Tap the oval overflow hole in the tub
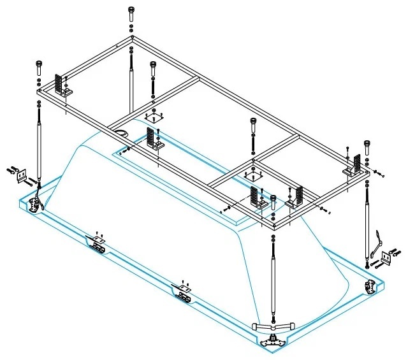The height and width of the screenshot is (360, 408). click(121, 133)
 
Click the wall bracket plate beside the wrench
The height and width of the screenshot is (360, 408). click(387, 258)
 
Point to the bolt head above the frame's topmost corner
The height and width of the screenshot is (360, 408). click(131, 10)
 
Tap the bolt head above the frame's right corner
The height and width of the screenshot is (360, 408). click(367, 144)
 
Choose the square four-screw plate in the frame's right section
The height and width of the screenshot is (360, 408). click(253, 175)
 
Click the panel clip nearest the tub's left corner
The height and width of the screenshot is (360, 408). click(98, 243)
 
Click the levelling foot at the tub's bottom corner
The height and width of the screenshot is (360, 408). click(272, 340)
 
